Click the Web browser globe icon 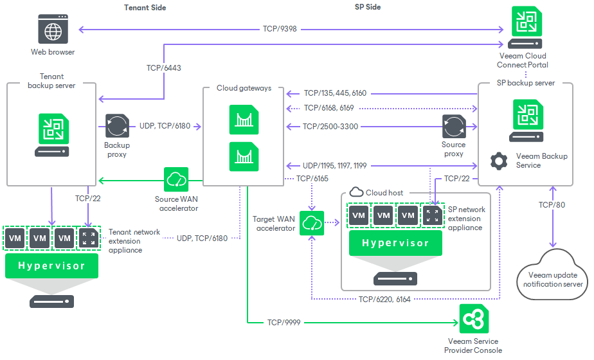point(53,31)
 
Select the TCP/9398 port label point(280,29)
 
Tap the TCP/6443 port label point(163,67)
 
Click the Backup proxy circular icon point(117,127)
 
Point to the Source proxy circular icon point(453,127)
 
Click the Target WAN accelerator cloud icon point(311,224)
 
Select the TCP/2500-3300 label point(330,127)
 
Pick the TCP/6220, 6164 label point(385,299)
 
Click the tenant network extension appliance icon point(89,239)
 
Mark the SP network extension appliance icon point(431,215)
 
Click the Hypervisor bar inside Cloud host point(395,243)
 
